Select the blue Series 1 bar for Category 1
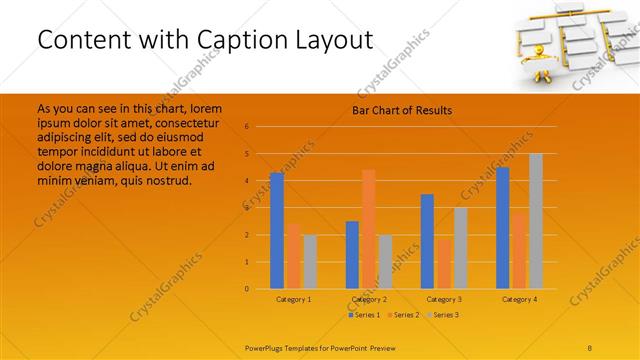click(x=277, y=231)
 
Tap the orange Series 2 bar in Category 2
click(x=368, y=229)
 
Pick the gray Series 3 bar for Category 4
click(x=535, y=221)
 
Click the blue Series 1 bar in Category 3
click(x=427, y=241)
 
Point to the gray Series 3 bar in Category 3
click(x=460, y=248)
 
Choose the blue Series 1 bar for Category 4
click(x=502, y=227)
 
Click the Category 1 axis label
click(x=293, y=299)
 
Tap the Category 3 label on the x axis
click(x=444, y=299)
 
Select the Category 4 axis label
click(x=519, y=299)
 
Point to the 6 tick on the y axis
click(x=246, y=127)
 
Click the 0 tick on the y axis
click(x=246, y=289)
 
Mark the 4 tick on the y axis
click(x=246, y=181)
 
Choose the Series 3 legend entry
click(x=443, y=315)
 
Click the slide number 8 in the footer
click(x=589, y=347)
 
